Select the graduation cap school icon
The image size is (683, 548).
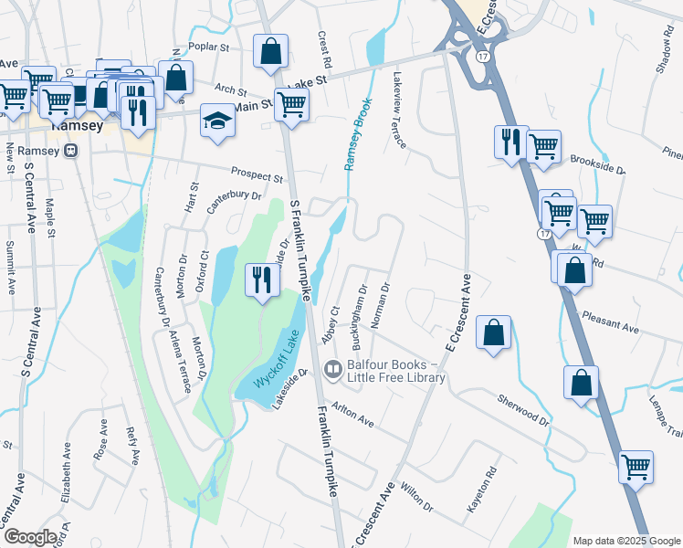click(x=217, y=123)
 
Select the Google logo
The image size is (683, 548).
click(x=30, y=536)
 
